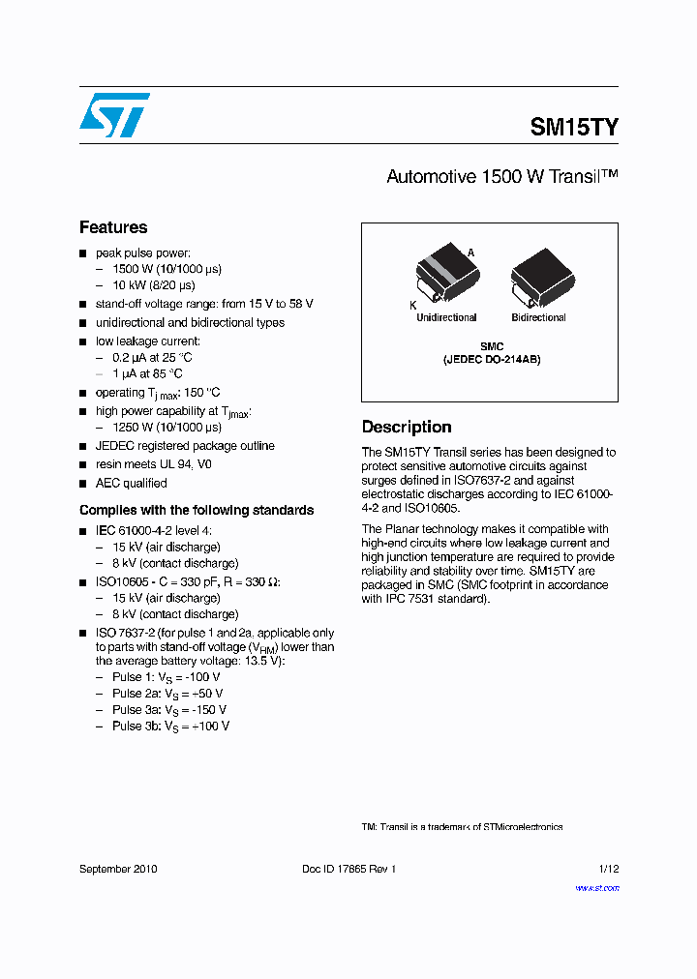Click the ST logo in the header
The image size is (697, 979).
(x=114, y=115)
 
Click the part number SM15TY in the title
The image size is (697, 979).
(x=574, y=127)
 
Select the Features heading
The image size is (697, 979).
(x=113, y=227)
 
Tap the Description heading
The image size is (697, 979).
(x=407, y=427)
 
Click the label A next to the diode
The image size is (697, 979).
(x=471, y=252)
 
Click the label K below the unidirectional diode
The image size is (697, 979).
(x=413, y=305)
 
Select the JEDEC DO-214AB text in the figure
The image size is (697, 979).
(x=492, y=359)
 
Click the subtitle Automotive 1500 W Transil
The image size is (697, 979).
(x=501, y=177)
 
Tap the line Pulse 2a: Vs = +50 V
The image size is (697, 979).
(x=167, y=694)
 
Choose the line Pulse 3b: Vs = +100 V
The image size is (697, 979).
(x=170, y=726)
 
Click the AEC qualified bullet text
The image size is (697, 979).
(x=131, y=483)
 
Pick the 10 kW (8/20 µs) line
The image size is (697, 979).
(x=153, y=285)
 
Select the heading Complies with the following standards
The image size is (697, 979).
(x=197, y=510)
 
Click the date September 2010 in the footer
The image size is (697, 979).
(x=118, y=869)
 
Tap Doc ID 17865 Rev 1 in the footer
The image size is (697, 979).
(x=348, y=869)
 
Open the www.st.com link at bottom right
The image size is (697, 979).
(x=596, y=888)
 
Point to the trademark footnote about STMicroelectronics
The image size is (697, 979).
(x=462, y=827)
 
